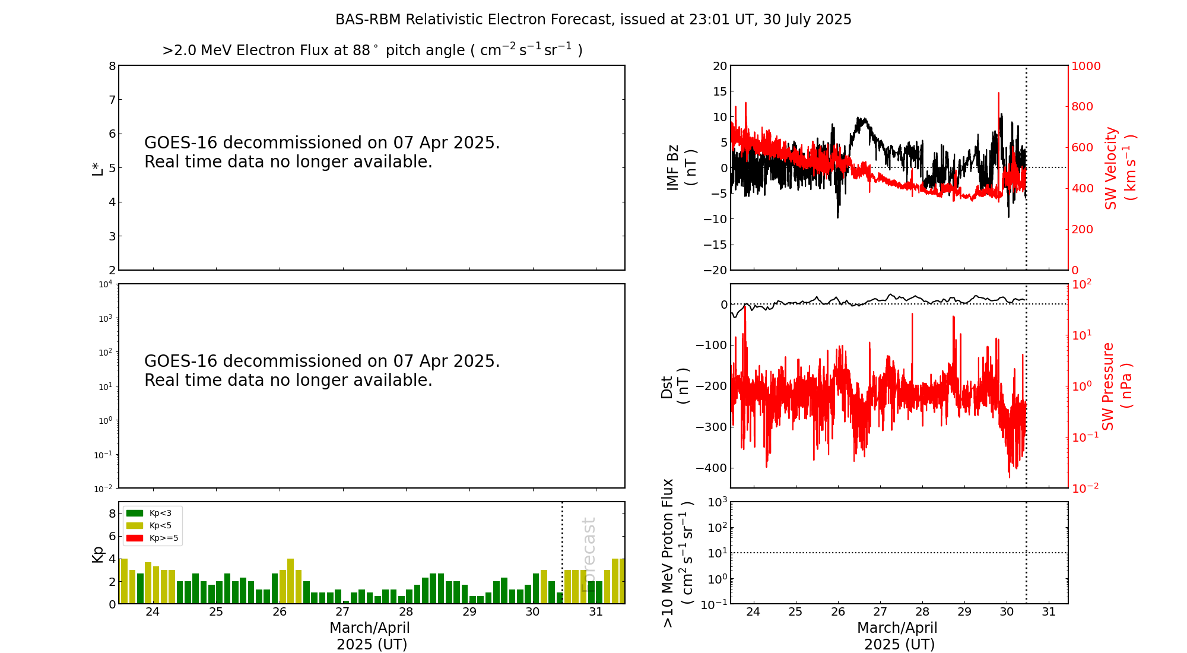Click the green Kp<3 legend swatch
point(135,513)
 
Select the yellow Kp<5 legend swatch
point(135,525)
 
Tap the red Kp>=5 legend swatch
point(135,538)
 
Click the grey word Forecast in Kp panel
point(588,554)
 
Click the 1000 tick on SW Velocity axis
point(1086,66)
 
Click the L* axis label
point(98,168)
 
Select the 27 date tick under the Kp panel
point(342,612)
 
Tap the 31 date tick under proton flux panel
point(1049,612)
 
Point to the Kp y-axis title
point(98,554)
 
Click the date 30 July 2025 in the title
point(807,20)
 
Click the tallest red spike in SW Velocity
point(998,94)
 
